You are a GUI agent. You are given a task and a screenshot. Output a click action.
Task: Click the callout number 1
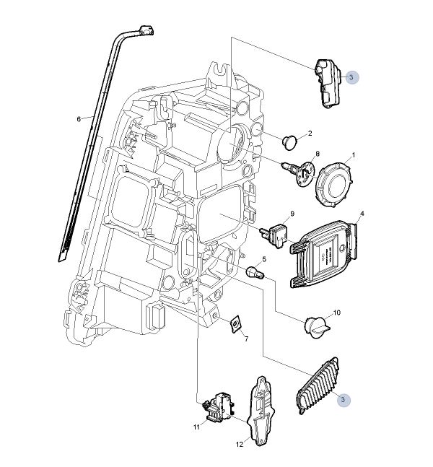click(x=354, y=155)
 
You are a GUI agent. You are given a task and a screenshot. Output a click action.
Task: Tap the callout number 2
click(x=309, y=133)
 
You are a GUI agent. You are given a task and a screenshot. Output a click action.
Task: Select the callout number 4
click(x=362, y=214)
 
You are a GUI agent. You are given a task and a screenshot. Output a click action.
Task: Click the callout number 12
click(x=240, y=445)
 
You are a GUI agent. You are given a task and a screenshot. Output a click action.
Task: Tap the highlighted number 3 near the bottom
click(x=344, y=399)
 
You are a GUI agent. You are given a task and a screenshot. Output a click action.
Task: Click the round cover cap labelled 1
click(x=333, y=185)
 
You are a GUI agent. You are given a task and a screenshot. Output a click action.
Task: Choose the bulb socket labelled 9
click(x=276, y=232)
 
